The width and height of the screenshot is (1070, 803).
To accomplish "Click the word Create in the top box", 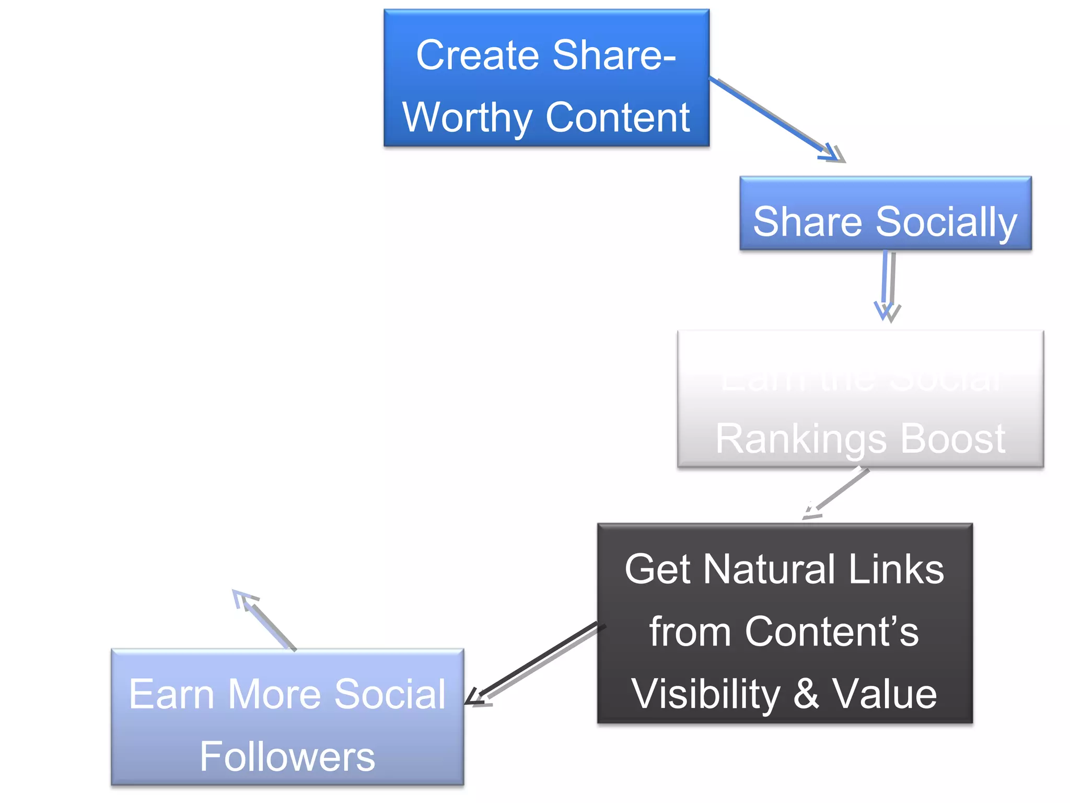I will (478, 55).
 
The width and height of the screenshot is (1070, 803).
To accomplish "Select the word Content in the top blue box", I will (618, 118).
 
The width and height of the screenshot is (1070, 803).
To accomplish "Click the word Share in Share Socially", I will (807, 222).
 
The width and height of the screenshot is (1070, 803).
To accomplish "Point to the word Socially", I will (946, 222).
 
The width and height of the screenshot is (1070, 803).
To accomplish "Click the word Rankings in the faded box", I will (800, 439).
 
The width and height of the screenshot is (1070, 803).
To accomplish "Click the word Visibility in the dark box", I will (705, 694).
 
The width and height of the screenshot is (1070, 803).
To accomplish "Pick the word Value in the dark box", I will (885, 694).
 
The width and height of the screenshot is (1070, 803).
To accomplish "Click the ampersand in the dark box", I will (806, 694).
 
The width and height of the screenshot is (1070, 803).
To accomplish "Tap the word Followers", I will (287, 756).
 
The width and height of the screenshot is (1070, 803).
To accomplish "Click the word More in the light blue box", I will (274, 694).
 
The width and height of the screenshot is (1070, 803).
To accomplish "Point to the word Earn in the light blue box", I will (171, 694).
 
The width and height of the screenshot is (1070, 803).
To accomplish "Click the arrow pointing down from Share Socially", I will (887, 285).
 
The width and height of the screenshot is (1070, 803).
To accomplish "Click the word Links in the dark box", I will (895, 569).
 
